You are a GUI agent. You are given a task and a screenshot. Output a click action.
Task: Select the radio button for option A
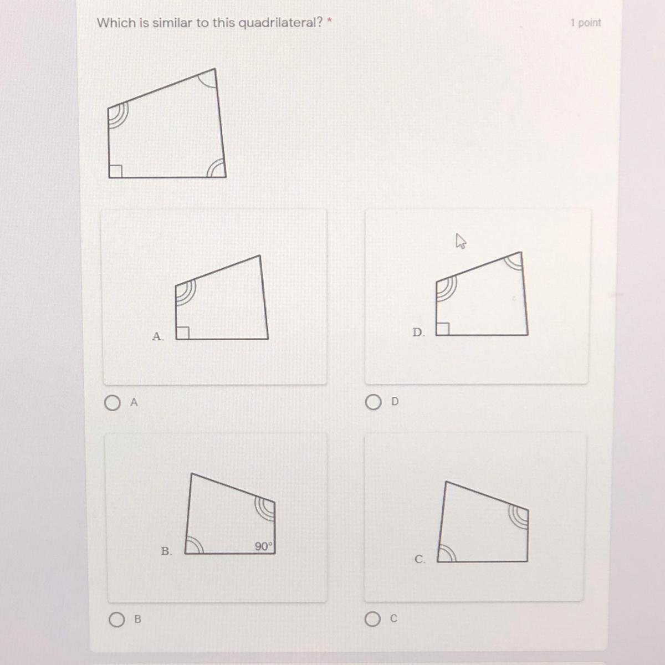pos(112,402)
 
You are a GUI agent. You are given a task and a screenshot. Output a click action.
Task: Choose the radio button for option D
pos(373,402)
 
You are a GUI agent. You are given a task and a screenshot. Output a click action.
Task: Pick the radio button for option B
pos(116,619)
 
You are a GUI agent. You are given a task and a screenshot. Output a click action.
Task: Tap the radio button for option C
pos(372,619)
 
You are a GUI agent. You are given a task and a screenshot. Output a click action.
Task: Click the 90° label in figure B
pos(264,546)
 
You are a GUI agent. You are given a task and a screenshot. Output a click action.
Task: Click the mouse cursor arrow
pos(461,241)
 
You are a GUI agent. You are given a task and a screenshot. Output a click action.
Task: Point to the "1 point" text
pos(586,23)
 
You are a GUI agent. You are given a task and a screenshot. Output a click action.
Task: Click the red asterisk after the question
pos(330,21)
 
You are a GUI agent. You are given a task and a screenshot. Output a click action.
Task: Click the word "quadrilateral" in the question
pos(280,23)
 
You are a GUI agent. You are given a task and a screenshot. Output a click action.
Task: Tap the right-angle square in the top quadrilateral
pos(116,171)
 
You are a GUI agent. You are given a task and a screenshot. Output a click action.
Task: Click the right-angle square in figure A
pos(182,333)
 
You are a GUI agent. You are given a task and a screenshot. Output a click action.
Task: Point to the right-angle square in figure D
pos(443,329)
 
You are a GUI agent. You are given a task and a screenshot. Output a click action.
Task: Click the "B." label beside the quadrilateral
pos(166,551)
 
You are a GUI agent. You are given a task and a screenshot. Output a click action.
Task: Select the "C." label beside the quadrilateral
pos(420,559)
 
